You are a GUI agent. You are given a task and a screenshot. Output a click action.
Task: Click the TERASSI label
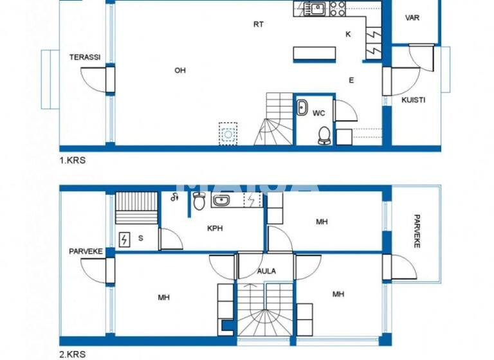(85, 57)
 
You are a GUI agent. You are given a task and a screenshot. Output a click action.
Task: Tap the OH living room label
(180, 71)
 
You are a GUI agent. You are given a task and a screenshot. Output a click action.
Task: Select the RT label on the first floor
(258, 24)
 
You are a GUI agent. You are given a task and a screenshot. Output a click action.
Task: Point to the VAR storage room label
(412, 18)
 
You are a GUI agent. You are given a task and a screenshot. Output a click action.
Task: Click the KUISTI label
(413, 100)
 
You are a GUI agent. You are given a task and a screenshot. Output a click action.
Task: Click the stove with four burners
(338, 8)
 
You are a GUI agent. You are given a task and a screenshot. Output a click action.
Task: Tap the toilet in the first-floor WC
(325, 135)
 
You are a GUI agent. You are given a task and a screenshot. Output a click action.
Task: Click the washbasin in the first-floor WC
(302, 108)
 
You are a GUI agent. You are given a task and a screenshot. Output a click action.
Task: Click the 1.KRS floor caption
(72, 161)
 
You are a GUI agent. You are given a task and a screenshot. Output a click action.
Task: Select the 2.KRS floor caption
(72, 354)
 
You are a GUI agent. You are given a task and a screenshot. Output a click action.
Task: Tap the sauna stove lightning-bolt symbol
(124, 240)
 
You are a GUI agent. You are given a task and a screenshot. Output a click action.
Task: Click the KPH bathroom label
(215, 228)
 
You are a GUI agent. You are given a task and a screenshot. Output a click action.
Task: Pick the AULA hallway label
(266, 271)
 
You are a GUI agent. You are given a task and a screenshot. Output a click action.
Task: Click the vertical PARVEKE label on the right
(417, 231)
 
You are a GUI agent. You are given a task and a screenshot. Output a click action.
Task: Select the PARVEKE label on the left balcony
(86, 251)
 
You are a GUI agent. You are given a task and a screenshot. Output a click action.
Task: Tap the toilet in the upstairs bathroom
(199, 202)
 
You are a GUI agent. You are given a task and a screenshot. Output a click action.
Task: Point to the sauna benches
(136, 208)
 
